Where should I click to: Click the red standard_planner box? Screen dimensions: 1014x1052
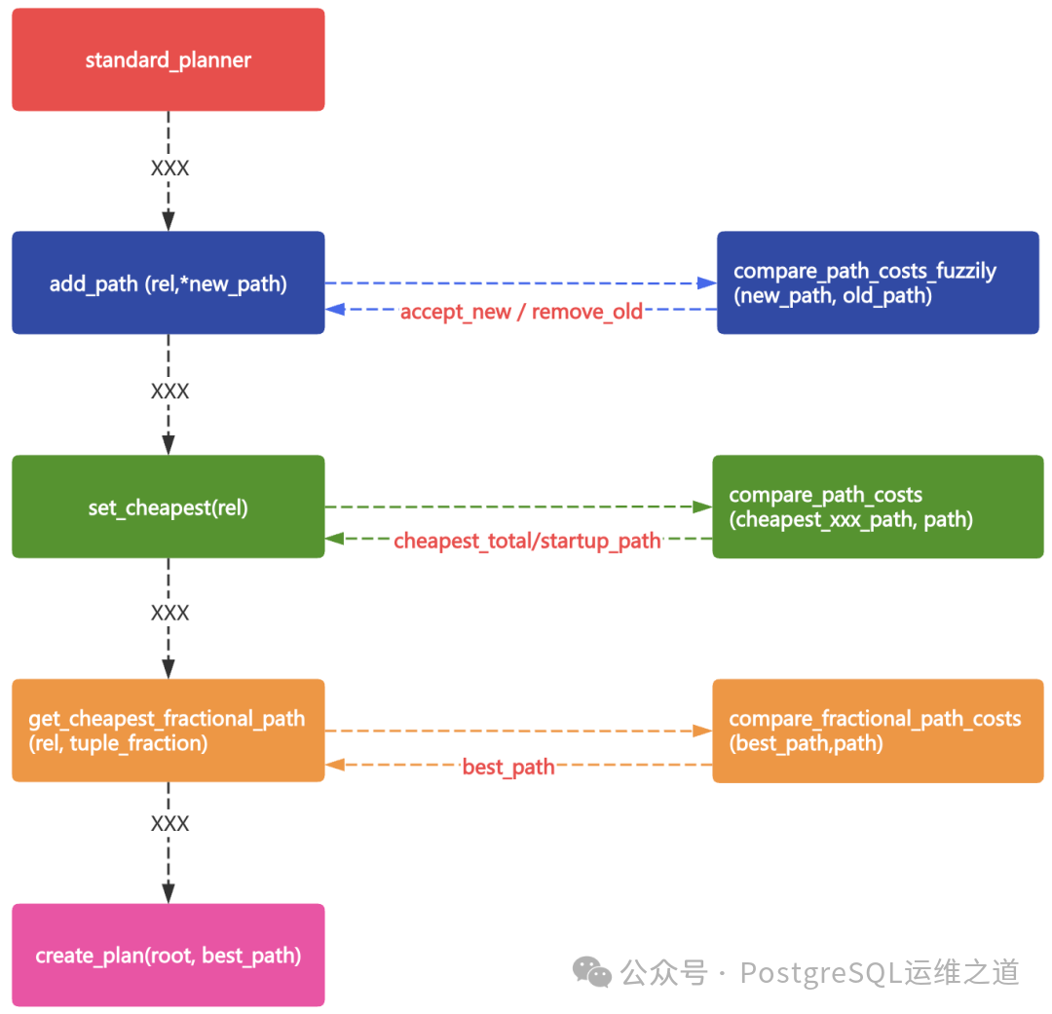168,60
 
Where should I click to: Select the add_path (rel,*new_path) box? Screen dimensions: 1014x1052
168,283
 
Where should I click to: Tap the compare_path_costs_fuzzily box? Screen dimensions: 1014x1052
878,283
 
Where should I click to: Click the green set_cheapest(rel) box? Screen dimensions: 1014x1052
168,507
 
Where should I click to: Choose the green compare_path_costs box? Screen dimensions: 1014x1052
878,507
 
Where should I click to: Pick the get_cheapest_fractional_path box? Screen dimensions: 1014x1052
168,731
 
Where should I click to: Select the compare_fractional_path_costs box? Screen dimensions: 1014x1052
878,731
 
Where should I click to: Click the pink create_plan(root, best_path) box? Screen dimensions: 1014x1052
168,956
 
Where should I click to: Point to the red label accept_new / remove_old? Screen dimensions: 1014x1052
521,312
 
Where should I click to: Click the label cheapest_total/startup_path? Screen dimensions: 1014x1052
527,541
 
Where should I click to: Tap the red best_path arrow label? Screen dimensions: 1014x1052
508,767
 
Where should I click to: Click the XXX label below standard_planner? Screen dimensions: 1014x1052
169,169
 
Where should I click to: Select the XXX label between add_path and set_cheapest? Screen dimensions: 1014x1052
169,392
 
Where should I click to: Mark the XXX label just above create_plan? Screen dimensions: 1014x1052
169,824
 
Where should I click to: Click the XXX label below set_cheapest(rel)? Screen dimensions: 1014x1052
169,613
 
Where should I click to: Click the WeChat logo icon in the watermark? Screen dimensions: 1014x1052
592,971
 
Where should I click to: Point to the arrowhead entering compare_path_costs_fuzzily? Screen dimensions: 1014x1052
707,283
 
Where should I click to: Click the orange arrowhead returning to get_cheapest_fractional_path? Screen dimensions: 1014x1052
335,765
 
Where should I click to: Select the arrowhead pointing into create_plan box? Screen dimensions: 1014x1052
169,893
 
